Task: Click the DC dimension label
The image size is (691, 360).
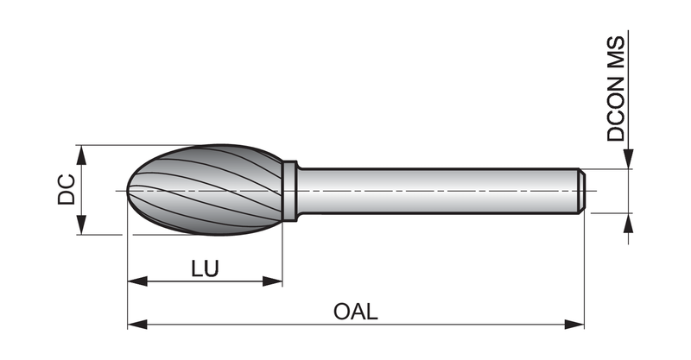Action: [67, 189]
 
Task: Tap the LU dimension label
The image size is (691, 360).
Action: [205, 268]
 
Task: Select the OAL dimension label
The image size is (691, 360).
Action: [356, 312]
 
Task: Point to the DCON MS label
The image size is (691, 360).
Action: [616, 89]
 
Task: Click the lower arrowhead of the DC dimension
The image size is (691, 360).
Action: [80, 224]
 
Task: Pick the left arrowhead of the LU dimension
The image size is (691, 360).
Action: [137, 281]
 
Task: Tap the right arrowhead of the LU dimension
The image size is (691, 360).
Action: [272, 281]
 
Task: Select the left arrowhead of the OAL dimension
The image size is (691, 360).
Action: [137, 325]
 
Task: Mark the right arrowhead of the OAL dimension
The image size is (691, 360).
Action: [574, 325]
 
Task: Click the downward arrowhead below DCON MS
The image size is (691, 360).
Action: [629, 159]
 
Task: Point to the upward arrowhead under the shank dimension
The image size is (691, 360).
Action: [629, 223]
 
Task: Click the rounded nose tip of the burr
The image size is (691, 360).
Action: [129, 190]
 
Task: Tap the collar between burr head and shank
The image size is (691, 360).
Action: [289, 191]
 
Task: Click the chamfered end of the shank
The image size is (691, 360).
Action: [581, 191]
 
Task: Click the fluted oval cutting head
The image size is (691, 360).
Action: [206, 190]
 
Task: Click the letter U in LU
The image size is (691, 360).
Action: [211, 268]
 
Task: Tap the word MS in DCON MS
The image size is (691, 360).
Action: [616, 51]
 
